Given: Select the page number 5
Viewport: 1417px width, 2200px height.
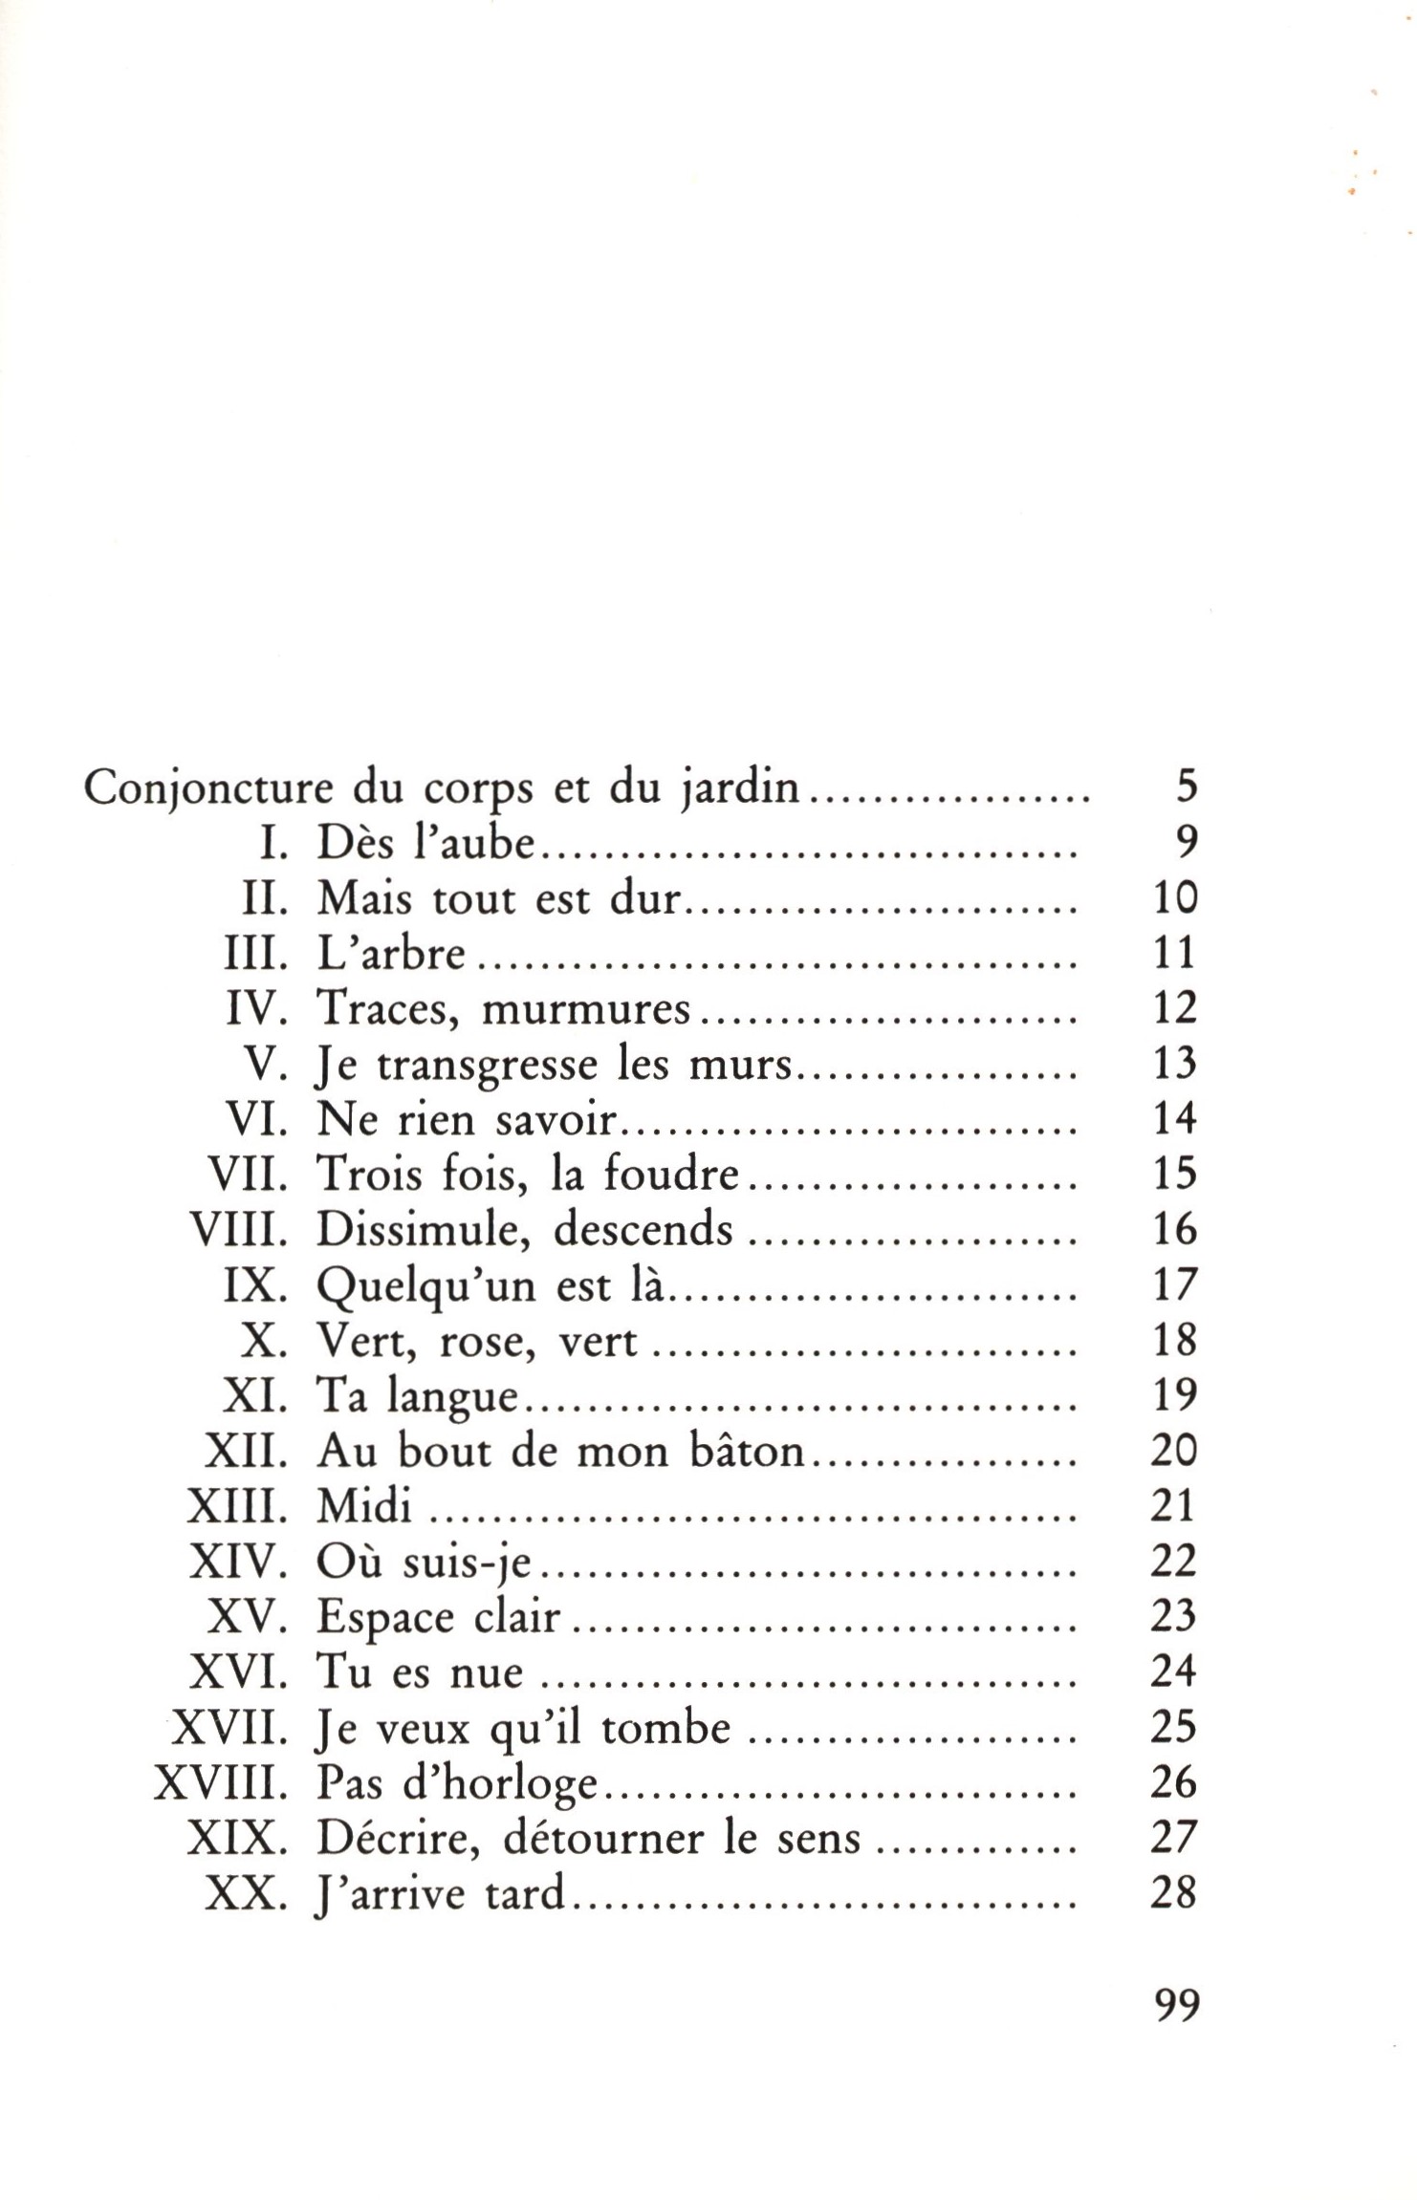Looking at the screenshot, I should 1186,789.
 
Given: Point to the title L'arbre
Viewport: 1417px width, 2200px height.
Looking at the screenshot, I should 391,955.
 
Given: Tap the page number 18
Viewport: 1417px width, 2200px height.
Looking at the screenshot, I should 1175,1341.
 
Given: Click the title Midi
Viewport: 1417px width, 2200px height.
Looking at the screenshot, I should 363,1507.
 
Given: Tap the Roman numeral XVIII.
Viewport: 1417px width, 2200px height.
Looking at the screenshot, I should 222,1784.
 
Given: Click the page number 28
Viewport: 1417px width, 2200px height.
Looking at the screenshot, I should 1175,1893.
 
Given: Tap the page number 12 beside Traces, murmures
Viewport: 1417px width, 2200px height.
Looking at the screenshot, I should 1175,1009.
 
